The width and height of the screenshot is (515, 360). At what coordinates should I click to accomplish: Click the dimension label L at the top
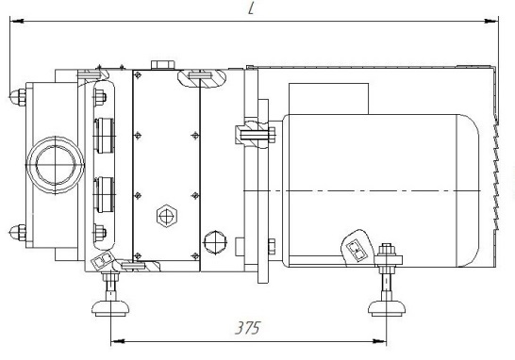(251, 8)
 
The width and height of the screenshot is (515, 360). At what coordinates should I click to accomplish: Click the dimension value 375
(248, 328)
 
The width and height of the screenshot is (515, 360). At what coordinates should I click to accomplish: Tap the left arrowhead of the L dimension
(16, 21)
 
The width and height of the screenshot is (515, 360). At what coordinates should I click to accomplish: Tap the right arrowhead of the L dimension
(491, 21)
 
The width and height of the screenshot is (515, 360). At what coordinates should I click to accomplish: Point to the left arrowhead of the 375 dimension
(118, 341)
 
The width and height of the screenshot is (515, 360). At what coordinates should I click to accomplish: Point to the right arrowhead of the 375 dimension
(379, 341)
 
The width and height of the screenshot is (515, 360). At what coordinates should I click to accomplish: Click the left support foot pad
(110, 308)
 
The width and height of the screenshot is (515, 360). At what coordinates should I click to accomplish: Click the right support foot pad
(387, 308)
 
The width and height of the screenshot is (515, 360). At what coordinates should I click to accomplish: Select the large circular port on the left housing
(55, 165)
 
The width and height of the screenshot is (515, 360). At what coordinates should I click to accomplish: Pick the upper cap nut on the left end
(18, 97)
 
